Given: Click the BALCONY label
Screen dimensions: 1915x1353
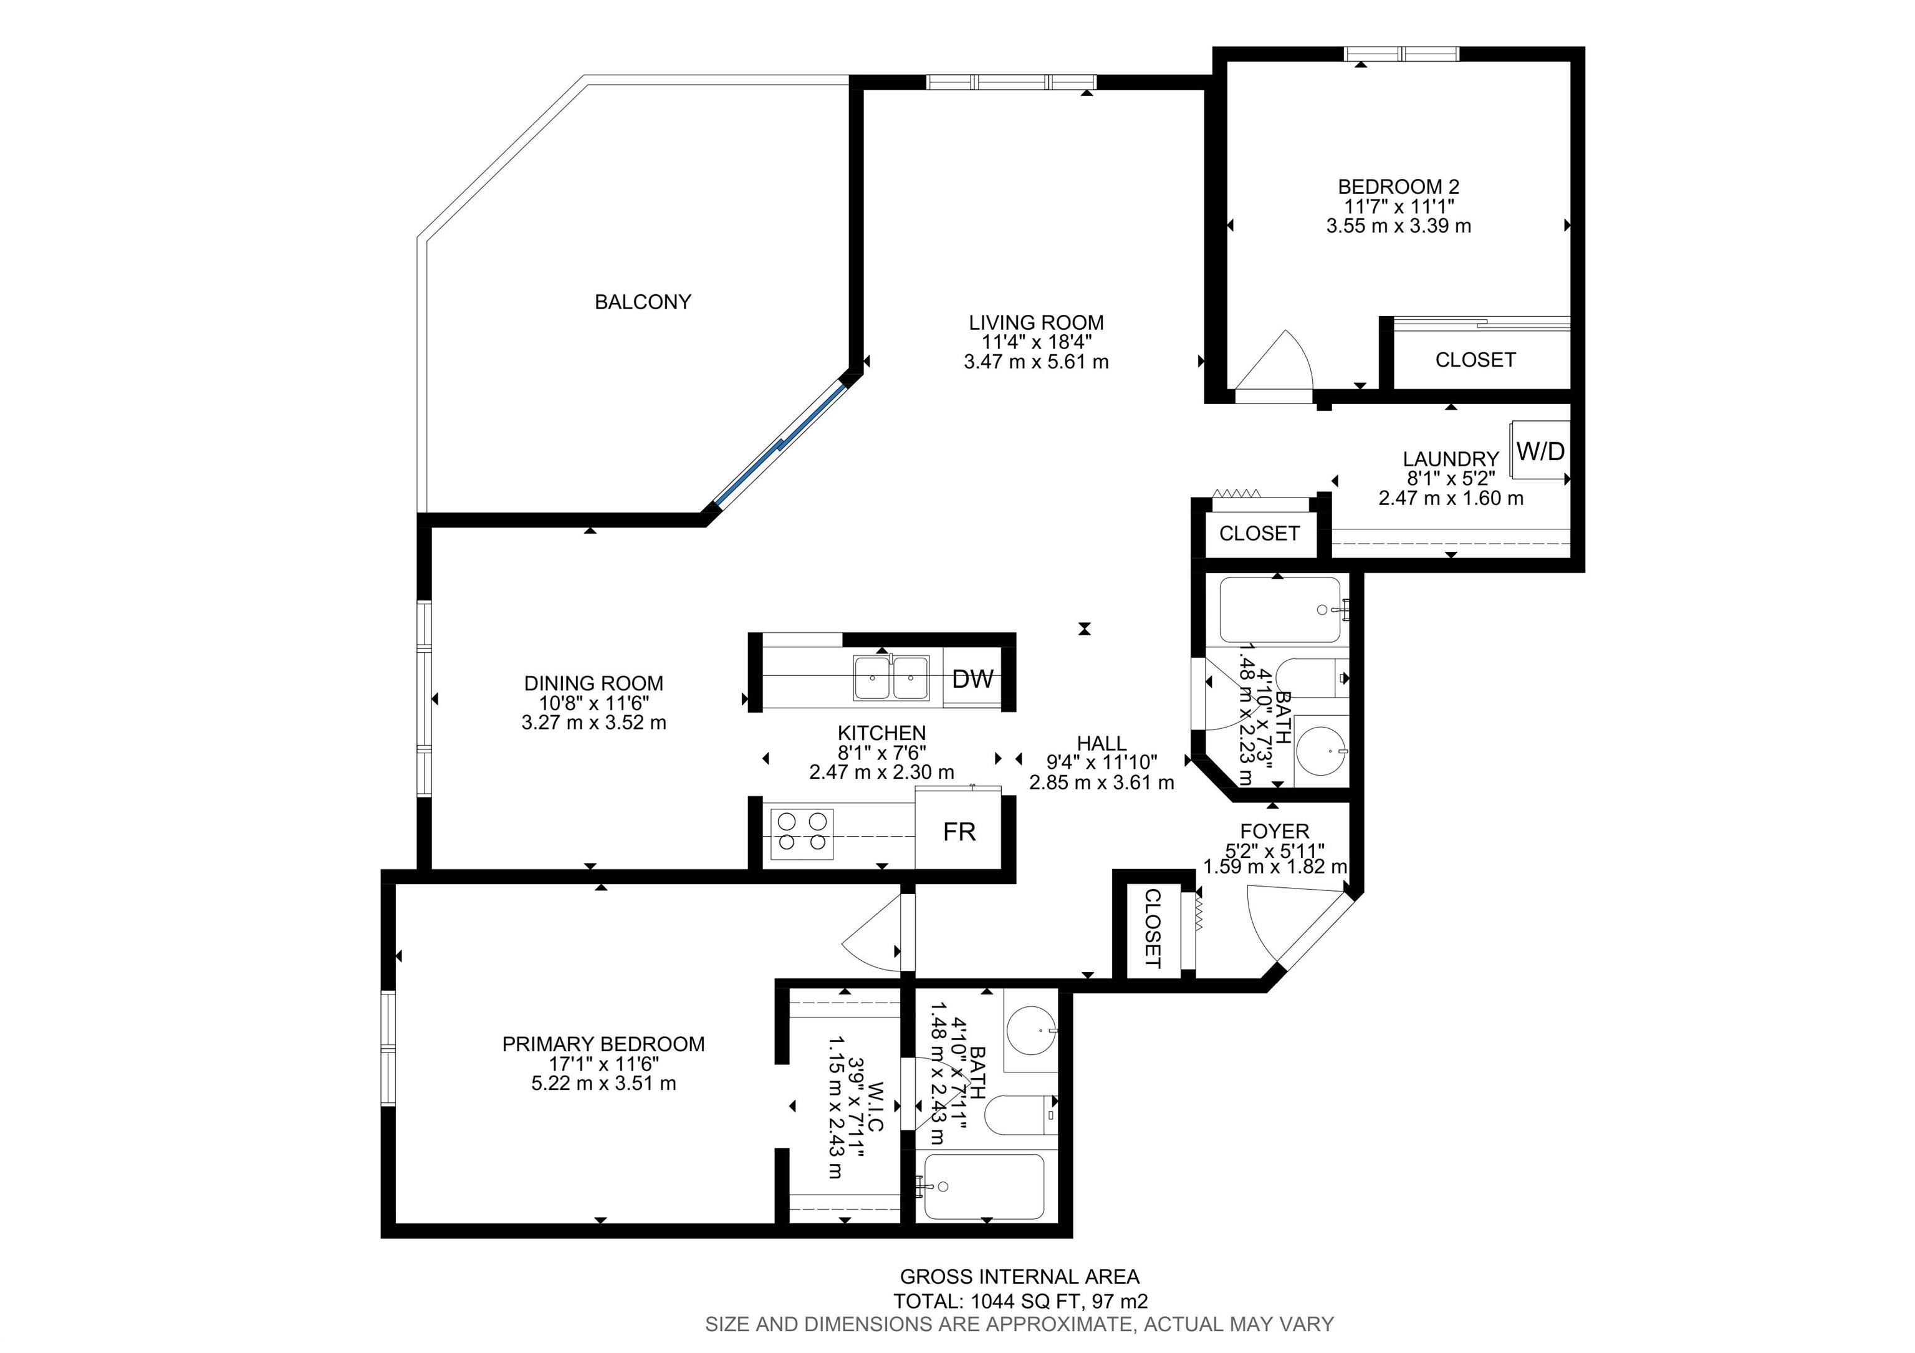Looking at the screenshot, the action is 642,302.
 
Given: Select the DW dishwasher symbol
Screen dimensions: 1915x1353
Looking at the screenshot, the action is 972,679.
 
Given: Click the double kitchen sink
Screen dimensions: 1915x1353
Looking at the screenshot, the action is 891,677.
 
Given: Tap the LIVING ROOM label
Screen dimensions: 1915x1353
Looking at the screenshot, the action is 1036,323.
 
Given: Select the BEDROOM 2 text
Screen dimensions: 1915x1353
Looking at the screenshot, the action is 1399,187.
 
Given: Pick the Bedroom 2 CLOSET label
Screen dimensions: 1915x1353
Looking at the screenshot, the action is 1475,360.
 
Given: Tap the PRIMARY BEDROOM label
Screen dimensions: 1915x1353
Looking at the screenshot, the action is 603,1044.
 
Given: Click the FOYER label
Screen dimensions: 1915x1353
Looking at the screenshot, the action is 1274,831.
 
